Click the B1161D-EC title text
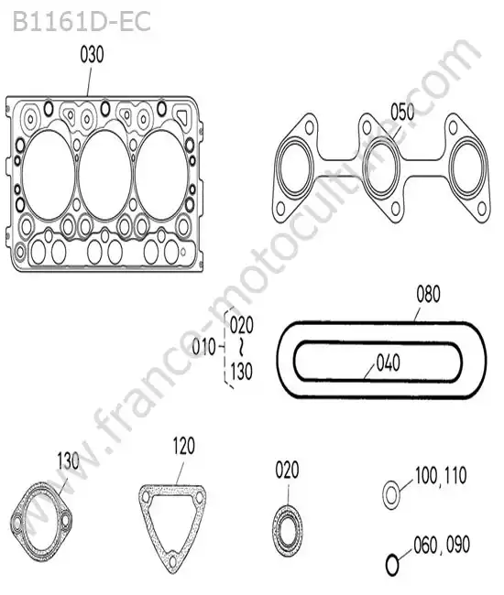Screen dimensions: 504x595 pos(82,22)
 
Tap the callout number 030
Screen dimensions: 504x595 pos(92,55)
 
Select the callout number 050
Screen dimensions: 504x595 pos(402,112)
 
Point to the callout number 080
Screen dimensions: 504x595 pos(429,294)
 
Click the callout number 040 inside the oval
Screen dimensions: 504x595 pos(389,362)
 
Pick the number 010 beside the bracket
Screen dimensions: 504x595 pos(203,347)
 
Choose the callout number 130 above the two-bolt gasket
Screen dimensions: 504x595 pos(69,461)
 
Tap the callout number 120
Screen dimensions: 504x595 pos(184,446)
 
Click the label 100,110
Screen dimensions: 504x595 pos(441,476)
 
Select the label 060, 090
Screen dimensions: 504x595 pos(442,545)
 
